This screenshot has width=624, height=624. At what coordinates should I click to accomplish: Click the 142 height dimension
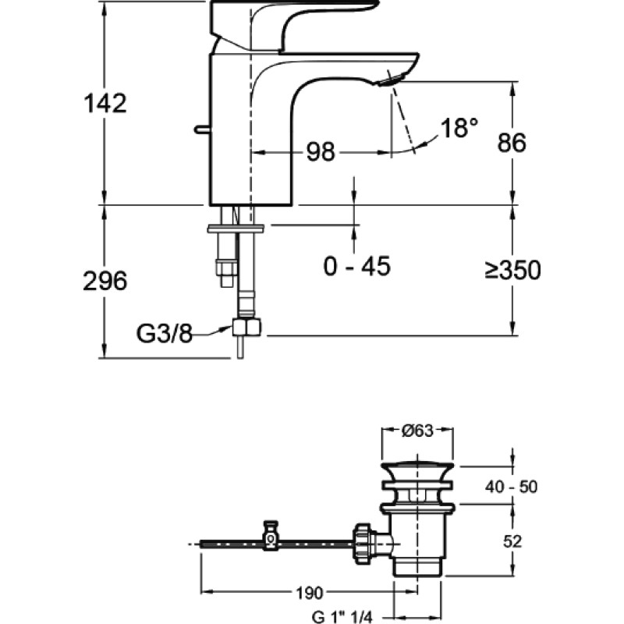tap(105, 103)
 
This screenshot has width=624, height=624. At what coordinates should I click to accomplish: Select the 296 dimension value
tap(105, 281)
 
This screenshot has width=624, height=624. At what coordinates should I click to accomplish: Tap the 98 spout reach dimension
tap(321, 151)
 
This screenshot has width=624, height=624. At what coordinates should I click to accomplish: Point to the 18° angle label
tap(459, 128)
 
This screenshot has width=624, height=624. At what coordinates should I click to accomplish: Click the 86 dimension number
tap(512, 142)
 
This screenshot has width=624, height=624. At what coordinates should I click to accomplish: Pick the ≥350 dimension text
tap(513, 270)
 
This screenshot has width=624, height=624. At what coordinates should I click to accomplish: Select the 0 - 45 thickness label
tap(357, 266)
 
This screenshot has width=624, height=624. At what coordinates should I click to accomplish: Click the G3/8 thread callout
tap(165, 334)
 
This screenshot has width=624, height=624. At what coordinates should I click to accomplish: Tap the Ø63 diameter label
tap(417, 431)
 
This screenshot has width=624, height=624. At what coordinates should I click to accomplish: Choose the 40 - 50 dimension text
tap(511, 487)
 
